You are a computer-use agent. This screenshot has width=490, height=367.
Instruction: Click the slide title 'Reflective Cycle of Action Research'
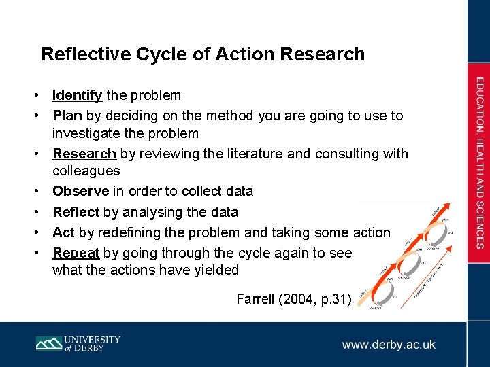pyautogui.click(x=203, y=54)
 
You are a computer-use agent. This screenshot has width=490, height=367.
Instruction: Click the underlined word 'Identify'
pyautogui.click(x=78, y=96)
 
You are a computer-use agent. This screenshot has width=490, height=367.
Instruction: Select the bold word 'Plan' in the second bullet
pyautogui.click(x=67, y=116)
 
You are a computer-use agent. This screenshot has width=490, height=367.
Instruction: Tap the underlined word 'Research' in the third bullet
pyautogui.click(x=84, y=154)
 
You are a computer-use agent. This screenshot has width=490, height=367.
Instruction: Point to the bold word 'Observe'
pyautogui.click(x=81, y=192)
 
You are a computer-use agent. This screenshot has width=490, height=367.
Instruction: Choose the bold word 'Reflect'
pyautogui.click(x=76, y=212)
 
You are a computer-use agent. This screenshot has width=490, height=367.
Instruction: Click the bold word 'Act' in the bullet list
pyautogui.click(x=63, y=232)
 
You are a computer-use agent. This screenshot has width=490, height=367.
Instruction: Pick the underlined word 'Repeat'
pyautogui.click(x=76, y=253)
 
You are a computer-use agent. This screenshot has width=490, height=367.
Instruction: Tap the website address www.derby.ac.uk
pyautogui.click(x=389, y=345)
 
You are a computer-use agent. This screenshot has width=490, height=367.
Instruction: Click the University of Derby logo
pyautogui.click(x=78, y=344)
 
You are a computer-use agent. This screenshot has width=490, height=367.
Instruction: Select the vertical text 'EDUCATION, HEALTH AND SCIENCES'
pyautogui.click(x=480, y=162)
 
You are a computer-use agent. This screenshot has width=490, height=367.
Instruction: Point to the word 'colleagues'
pyautogui.click(x=86, y=171)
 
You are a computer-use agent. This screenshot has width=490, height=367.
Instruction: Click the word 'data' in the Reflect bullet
pyautogui.click(x=224, y=212)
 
